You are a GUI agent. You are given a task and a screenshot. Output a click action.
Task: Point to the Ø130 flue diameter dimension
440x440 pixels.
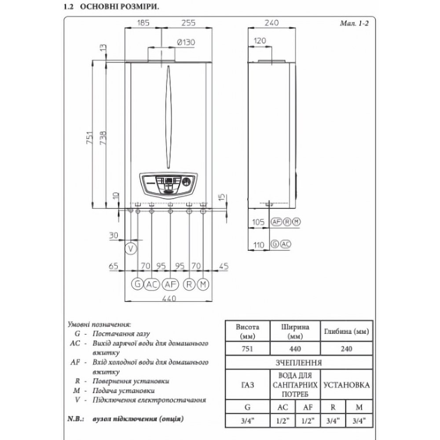click(185, 42)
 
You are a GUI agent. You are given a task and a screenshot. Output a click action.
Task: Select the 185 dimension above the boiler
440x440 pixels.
click(143, 22)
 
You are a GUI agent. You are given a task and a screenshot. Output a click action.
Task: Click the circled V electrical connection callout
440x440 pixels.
click(131, 249)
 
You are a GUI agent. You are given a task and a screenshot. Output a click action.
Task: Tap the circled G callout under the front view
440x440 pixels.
click(137, 285)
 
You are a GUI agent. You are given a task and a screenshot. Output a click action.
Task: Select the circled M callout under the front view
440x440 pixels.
click(203, 285)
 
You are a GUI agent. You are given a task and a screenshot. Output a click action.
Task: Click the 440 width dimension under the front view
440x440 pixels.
click(169, 299)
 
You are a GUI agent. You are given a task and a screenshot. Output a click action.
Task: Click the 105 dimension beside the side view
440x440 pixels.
click(258, 222)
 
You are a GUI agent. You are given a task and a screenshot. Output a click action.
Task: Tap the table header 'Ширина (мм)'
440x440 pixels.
click(295, 331)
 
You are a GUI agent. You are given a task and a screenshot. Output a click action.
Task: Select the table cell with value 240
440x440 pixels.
click(346, 349)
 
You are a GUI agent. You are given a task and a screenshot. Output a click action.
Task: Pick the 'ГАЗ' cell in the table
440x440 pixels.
click(247, 385)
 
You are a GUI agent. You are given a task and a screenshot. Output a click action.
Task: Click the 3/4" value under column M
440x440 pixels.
click(359, 420)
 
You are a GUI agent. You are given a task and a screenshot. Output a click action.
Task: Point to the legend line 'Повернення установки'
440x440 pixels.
click(131, 381)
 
